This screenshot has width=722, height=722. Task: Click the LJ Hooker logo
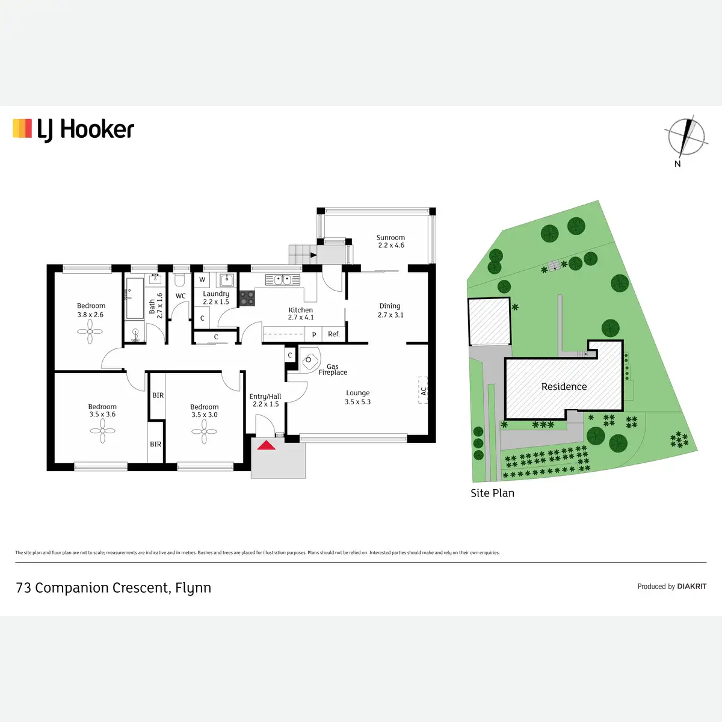(x=73, y=129)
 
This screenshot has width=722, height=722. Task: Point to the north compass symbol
(x=685, y=137)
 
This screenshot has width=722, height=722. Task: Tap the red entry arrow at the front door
(x=267, y=445)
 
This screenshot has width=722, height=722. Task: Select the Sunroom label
(x=390, y=238)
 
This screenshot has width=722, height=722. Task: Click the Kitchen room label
(x=301, y=310)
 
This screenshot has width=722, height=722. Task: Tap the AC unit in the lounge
(x=423, y=389)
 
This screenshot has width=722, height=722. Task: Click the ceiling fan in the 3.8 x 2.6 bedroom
(x=90, y=331)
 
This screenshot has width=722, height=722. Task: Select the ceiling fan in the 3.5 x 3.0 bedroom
(x=205, y=431)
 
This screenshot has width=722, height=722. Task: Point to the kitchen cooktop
(x=247, y=298)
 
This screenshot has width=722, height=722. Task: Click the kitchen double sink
(x=282, y=280)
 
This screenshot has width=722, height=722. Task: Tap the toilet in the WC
(x=179, y=280)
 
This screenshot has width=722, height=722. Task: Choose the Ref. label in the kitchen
(x=334, y=334)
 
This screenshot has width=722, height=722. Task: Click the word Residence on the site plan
(x=564, y=387)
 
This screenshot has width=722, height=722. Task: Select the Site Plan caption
(x=492, y=493)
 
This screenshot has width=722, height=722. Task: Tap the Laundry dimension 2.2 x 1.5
(x=216, y=302)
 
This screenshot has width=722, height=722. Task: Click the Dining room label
(x=390, y=306)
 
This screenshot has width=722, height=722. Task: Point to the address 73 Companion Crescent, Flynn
(x=114, y=588)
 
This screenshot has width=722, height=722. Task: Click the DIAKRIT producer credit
(x=691, y=586)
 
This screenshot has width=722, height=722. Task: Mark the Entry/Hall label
(x=265, y=396)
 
